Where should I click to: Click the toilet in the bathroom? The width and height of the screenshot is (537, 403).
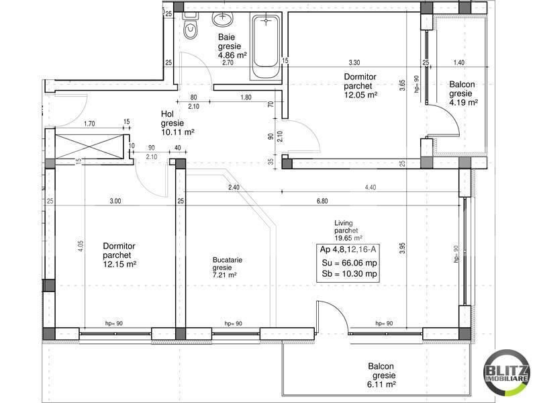[190, 28]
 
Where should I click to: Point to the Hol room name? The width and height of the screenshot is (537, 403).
[167, 114]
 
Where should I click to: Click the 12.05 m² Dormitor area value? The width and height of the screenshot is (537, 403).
[360, 95]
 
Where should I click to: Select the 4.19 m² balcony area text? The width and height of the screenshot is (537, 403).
[462, 103]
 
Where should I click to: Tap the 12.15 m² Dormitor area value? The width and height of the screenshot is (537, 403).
[119, 265]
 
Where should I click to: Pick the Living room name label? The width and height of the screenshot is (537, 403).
[344, 223]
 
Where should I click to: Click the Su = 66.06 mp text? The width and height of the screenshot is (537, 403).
[348, 263]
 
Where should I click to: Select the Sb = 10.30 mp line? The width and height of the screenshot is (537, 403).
[348, 275]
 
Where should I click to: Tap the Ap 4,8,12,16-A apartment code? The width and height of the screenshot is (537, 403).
[348, 250]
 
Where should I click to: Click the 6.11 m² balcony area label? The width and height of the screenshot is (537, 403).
[381, 386]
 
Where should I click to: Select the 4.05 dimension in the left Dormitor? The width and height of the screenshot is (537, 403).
[79, 246]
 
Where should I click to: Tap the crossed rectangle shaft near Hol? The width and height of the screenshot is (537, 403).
[87, 144]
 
